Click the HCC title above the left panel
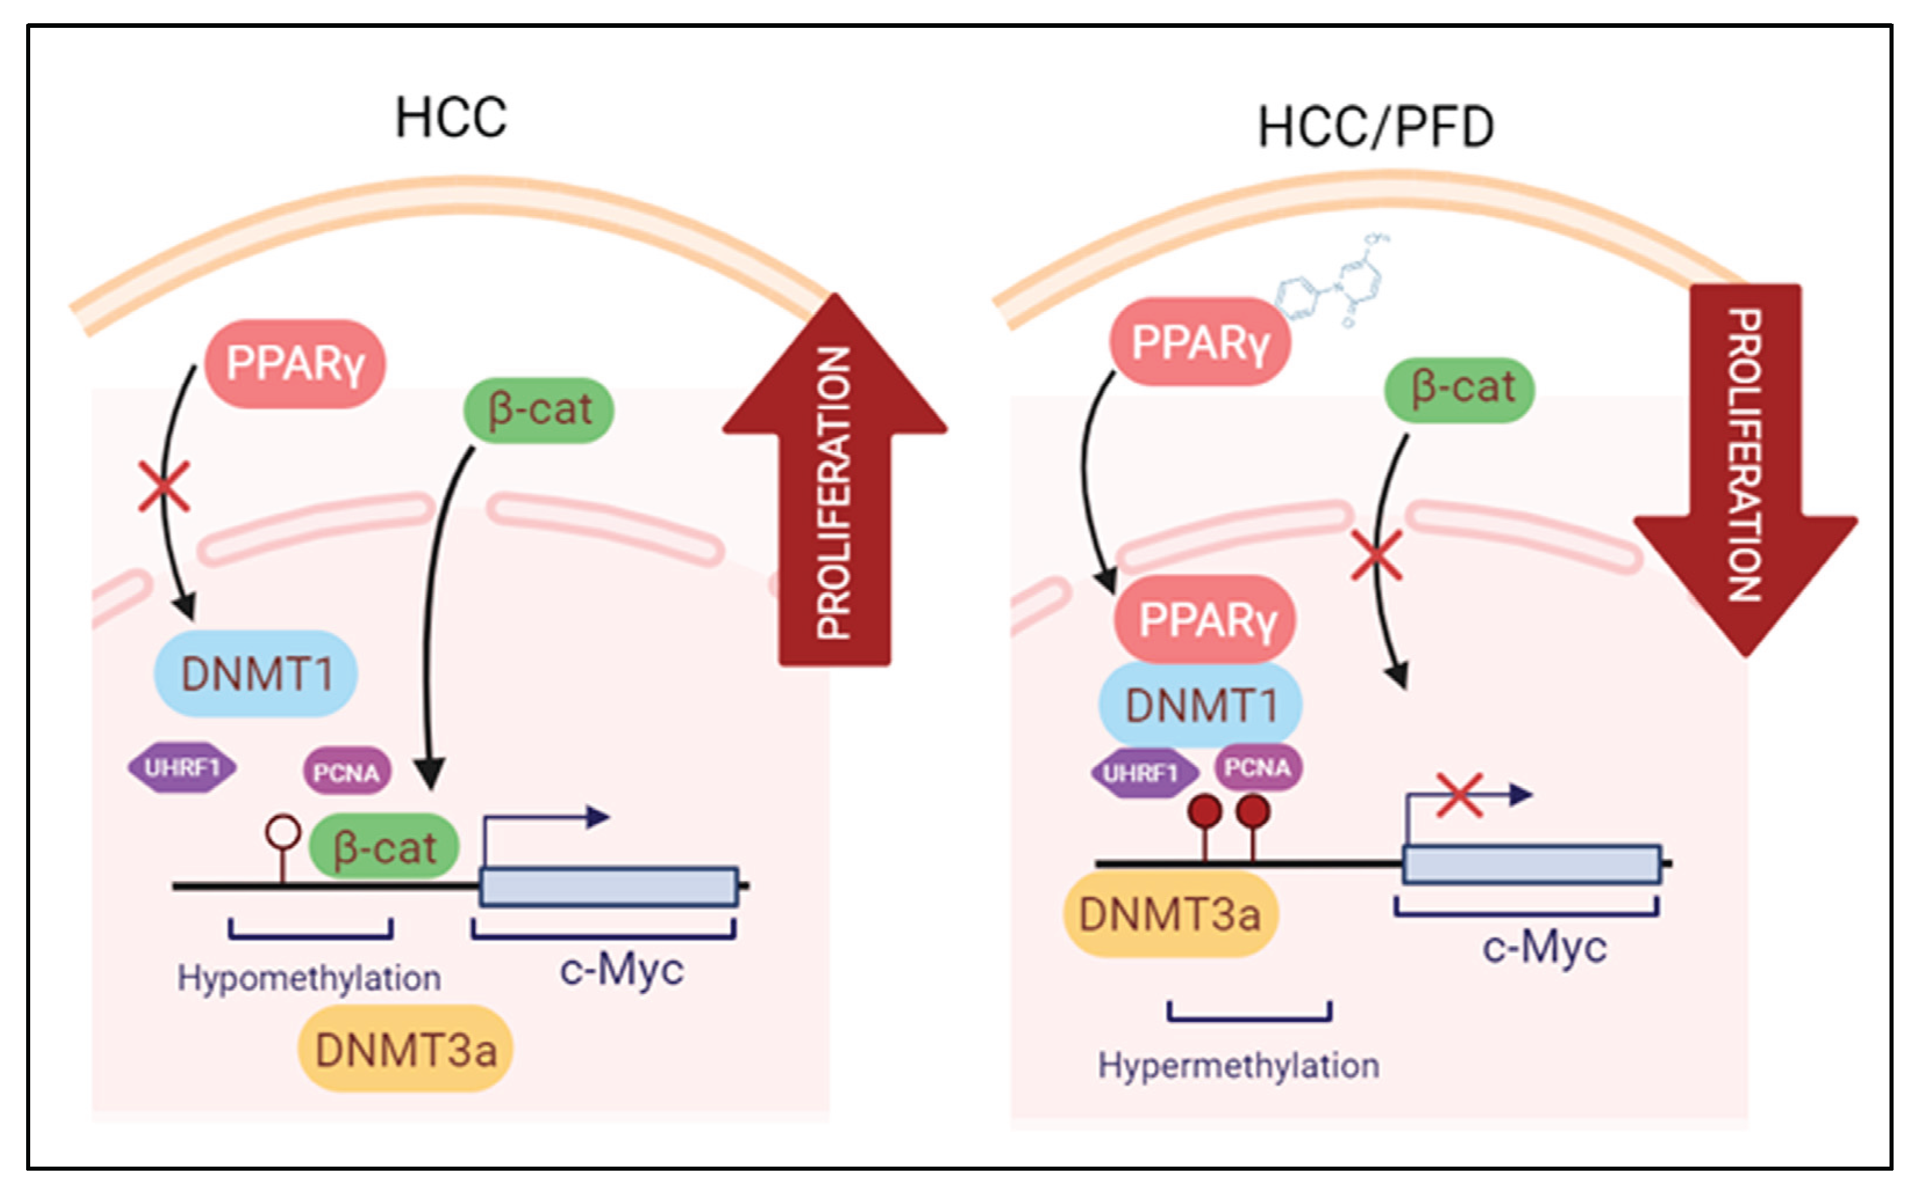pyautogui.click(x=451, y=118)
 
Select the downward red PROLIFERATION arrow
pyautogui.click(x=1745, y=465)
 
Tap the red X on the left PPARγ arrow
pyautogui.click(x=164, y=486)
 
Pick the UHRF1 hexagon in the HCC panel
pyautogui.click(x=182, y=767)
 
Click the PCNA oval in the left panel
pyautogui.click(x=347, y=772)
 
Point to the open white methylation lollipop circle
pyautogui.click(x=283, y=832)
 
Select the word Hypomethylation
pyautogui.click(x=309, y=978)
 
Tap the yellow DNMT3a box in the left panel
pyautogui.click(x=405, y=1049)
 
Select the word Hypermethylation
pyautogui.click(x=1238, y=1066)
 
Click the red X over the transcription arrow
pyautogui.click(x=1460, y=796)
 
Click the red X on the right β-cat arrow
pyautogui.click(x=1376, y=555)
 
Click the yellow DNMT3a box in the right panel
pyautogui.click(x=1170, y=915)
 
